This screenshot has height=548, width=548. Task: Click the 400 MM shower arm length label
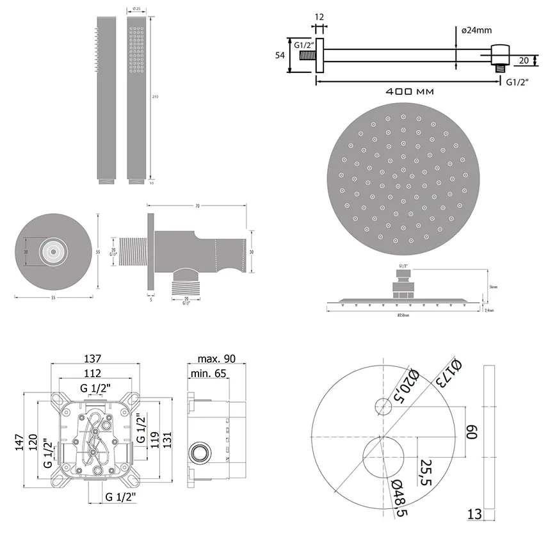410,92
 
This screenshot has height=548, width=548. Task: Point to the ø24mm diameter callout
476,30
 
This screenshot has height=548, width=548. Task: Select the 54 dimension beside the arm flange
280,56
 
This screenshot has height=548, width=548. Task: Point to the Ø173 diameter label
447,375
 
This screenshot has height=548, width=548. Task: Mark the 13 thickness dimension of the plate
474,514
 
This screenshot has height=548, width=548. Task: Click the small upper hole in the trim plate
384,406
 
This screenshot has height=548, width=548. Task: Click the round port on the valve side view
199,451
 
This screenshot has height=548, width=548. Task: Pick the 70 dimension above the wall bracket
197,205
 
